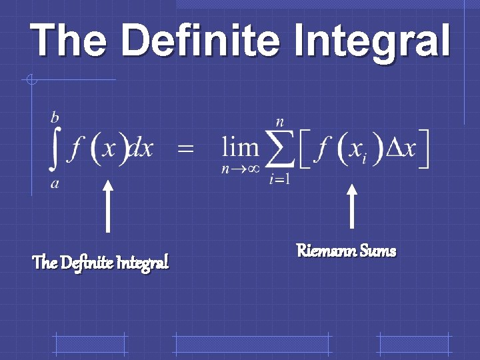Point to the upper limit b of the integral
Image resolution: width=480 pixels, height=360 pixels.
[55, 118]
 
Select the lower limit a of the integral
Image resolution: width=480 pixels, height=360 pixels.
[55, 184]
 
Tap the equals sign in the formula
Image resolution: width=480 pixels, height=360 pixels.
[186, 149]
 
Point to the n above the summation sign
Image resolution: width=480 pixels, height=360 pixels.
[280, 122]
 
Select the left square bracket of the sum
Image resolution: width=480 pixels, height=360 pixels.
[302, 150]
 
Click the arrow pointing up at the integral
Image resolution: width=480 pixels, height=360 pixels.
[107, 207]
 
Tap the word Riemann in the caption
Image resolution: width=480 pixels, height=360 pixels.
[325, 251]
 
